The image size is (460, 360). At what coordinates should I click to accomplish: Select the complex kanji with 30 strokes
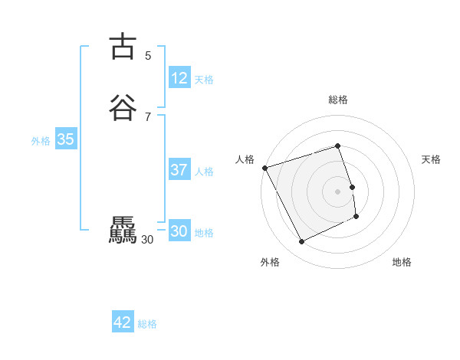pyautogui.click(x=122, y=231)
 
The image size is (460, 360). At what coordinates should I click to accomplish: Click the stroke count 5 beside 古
pyautogui.click(x=148, y=55)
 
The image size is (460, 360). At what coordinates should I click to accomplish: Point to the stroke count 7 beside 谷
pyautogui.click(x=148, y=116)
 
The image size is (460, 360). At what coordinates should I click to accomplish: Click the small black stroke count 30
pyautogui.click(x=148, y=239)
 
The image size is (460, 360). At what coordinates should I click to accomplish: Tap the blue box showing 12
pyautogui.click(x=179, y=78)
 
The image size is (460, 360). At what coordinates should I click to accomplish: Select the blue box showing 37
pyautogui.click(x=179, y=170)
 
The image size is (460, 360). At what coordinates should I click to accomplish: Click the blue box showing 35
pyautogui.click(x=65, y=139)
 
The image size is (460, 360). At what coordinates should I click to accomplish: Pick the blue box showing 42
pyautogui.click(x=123, y=322)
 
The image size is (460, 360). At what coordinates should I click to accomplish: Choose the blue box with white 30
pyautogui.click(x=179, y=231)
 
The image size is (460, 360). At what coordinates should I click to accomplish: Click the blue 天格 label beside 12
pyautogui.click(x=204, y=80)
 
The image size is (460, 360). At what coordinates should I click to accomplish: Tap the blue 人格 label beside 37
pyautogui.click(x=204, y=172)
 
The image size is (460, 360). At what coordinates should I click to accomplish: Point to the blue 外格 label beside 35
pyautogui.click(x=41, y=141)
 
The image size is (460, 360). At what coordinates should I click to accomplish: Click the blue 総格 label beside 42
pyautogui.click(x=147, y=324)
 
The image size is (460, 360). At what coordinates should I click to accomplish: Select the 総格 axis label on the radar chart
pyautogui.click(x=338, y=100)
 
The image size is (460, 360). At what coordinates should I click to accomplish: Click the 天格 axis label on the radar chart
pyautogui.click(x=431, y=159)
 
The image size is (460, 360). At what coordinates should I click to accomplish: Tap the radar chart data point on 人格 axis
pyautogui.click(x=265, y=168)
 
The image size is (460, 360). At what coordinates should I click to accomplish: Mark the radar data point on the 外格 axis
pyautogui.click(x=301, y=242)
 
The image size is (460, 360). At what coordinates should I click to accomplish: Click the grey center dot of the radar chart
pyautogui.click(x=338, y=191)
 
